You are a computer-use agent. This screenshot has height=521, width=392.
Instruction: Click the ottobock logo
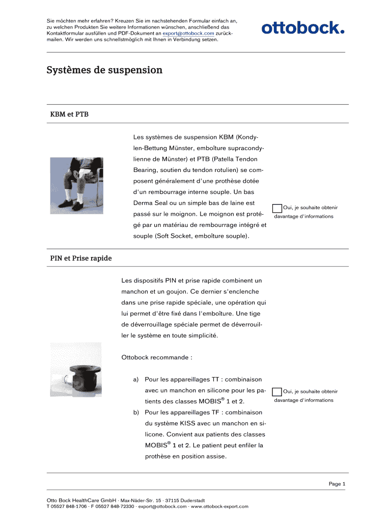pyautogui.click(x=303, y=27)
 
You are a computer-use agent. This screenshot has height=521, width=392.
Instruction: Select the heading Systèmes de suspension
pyautogui.click(x=104, y=70)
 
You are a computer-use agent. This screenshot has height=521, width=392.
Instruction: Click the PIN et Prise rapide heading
pyautogui.click(x=81, y=258)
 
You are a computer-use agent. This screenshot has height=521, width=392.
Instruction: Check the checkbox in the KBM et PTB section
pyautogui.click(x=277, y=208)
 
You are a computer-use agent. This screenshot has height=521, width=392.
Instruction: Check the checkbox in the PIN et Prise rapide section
pyautogui.click(x=277, y=392)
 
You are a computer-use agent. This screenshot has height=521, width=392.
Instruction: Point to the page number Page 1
pyautogui.click(x=337, y=484)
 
